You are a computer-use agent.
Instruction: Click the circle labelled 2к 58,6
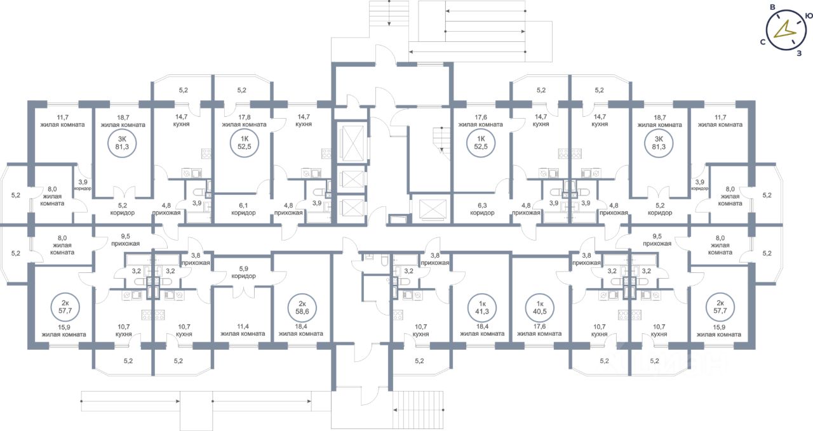pos(302,308)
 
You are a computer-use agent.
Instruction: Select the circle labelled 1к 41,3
pos(482,307)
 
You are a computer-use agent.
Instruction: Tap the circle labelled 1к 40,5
pos(540,307)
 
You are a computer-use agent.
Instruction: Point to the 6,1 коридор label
pos(243,209)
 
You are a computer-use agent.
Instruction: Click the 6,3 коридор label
pos(482,209)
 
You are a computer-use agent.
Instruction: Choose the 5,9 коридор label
pos(243,272)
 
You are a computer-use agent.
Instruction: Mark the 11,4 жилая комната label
pos(243,330)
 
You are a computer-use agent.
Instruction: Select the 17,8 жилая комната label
pos(245,121)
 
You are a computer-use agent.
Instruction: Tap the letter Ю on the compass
pos(809,16)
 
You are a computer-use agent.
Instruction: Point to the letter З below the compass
pos(799,54)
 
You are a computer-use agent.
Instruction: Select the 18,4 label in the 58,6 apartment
pos(301,326)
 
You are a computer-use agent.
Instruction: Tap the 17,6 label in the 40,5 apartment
pos(539,326)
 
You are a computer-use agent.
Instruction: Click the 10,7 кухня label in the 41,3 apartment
pos(420,330)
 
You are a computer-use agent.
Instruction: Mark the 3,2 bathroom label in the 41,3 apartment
pos(408,271)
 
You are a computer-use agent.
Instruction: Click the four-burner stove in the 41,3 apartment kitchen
pos(398,315)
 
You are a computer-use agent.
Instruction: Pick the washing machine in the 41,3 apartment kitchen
pos(418,295)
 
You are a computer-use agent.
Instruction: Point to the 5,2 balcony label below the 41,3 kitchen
pos(419,361)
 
